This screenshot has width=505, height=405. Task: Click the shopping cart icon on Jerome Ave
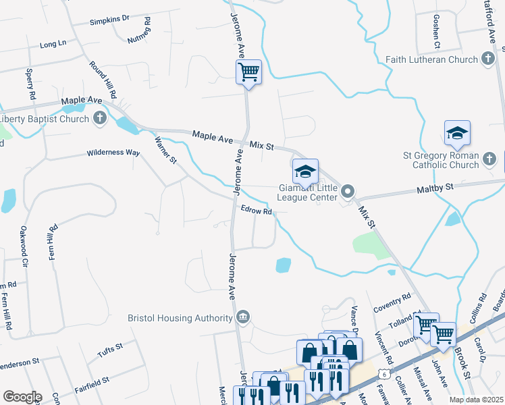tap(248, 72)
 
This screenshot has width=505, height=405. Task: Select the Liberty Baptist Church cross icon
tap(100, 119)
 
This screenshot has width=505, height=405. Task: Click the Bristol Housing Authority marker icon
tap(243, 317)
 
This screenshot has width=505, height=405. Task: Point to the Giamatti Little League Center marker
tap(348, 191)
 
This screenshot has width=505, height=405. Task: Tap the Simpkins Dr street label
tap(109, 20)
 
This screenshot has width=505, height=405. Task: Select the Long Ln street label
tap(53, 44)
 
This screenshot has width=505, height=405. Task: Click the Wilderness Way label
tap(113, 153)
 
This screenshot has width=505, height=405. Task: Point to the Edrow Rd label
tap(257, 211)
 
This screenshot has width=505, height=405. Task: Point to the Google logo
tap(22, 397)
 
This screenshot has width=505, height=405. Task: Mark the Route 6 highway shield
tap(383, 373)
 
